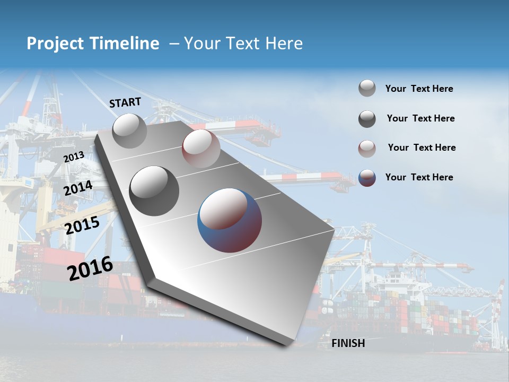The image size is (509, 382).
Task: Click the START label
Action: click(x=125, y=102)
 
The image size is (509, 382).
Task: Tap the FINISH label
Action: click(x=348, y=343)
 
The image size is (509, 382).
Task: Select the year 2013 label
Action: click(x=74, y=157)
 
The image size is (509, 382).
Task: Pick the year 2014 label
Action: click(x=78, y=188)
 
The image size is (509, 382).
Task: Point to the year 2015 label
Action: click(x=82, y=225)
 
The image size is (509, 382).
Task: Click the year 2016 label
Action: click(x=90, y=268)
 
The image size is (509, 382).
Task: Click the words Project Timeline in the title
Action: click(x=93, y=44)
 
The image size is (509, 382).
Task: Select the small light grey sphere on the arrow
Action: click(x=129, y=131)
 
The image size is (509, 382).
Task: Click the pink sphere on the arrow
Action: click(x=201, y=149)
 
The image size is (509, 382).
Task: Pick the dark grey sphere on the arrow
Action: click(x=154, y=190)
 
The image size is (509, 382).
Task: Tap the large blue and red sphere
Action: click(x=230, y=220)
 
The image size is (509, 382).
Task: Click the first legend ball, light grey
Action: click(x=367, y=88)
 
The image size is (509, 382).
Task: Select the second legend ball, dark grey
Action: click(x=367, y=119)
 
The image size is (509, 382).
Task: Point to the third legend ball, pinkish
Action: click(x=367, y=149)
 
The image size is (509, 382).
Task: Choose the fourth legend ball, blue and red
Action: click(x=367, y=178)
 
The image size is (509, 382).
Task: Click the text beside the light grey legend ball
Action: click(x=419, y=89)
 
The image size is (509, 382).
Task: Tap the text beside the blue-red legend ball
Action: click(x=419, y=177)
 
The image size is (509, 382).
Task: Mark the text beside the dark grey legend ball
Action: click(x=420, y=118)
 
